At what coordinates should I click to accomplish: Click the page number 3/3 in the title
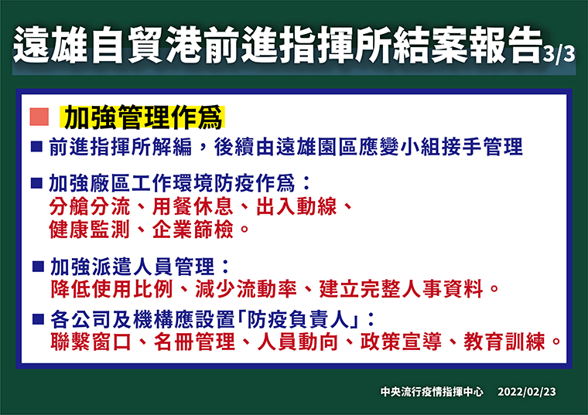coord(559,54)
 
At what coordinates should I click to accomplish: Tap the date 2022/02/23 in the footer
coord(527,392)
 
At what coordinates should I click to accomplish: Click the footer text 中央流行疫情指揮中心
coord(432,392)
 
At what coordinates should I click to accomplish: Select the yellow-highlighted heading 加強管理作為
coord(143,117)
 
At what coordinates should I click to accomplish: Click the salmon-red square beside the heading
coord(39,117)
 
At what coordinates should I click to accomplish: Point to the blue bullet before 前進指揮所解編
coord(37,147)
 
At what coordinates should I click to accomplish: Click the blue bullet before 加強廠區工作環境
coord(37,183)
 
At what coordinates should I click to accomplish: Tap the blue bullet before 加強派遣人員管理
coord(38,267)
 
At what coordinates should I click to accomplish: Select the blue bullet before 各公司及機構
coord(38,319)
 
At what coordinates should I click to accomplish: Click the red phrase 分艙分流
coord(90,206)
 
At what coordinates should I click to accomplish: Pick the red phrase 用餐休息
coord(193,206)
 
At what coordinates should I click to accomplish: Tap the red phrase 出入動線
coord(296,206)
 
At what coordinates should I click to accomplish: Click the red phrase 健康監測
coord(90,230)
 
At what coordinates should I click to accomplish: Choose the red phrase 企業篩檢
coord(193,230)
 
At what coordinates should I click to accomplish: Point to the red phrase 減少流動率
coord(245,289)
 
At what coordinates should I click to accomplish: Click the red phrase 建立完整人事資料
coord(401,289)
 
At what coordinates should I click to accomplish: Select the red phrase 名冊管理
coord(194,342)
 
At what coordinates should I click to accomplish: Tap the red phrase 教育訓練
coord(504,342)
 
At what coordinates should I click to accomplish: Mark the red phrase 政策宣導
coord(401,342)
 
